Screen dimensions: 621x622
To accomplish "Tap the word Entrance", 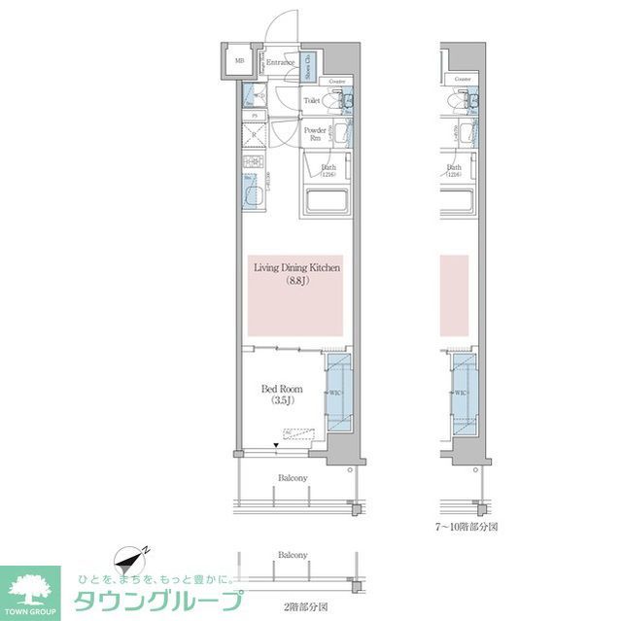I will [x=281, y=62].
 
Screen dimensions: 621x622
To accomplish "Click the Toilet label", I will [x=312, y=100].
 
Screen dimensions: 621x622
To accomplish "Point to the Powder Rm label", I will [x=314, y=134].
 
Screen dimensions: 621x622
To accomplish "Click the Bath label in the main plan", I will [x=328, y=170].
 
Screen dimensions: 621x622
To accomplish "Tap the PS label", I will [x=255, y=116].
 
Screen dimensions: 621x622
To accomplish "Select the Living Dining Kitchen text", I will [x=296, y=267].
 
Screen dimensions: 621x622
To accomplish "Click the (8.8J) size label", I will [x=295, y=282].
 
